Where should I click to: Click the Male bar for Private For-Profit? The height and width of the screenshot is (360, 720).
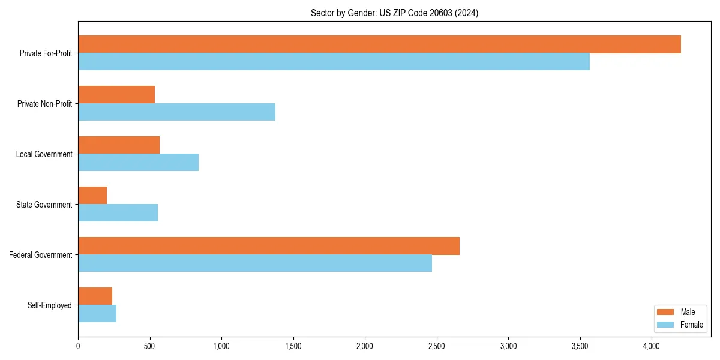click(379, 44)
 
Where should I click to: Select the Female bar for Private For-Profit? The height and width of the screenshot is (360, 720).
click(334, 62)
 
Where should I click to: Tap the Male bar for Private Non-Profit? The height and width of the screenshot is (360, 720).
click(116, 95)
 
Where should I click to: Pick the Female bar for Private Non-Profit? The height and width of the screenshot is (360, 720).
click(176, 112)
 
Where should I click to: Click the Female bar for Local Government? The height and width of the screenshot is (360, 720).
click(138, 163)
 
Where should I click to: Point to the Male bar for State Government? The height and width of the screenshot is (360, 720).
click(92, 196)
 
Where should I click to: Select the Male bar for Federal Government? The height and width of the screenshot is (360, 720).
click(269, 246)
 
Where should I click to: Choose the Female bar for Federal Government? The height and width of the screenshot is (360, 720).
click(255, 263)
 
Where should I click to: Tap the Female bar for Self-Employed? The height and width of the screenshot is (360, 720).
click(97, 314)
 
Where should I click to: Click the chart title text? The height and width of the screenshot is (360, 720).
click(394, 13)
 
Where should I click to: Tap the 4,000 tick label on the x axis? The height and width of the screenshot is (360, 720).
click(652, 346)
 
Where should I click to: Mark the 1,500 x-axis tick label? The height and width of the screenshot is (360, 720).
click(293, 346)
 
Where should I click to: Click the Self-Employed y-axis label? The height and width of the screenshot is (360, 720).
click(50, 305)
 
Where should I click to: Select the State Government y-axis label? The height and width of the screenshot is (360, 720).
click(44, 205)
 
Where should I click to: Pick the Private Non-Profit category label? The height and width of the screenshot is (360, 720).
click(44, 104)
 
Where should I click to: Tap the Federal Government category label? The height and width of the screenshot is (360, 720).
click(41, 255)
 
